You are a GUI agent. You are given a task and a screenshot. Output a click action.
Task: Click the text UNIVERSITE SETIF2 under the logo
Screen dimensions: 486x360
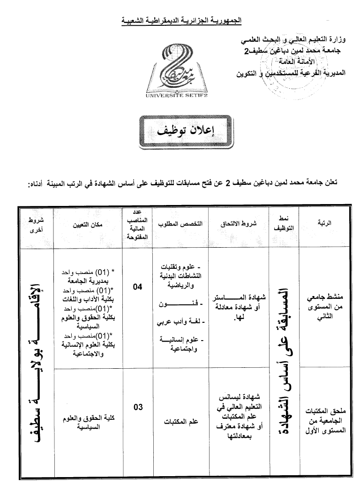click(176, 96)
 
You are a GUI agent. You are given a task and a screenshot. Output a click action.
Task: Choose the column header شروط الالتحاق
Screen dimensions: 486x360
click(239, 224)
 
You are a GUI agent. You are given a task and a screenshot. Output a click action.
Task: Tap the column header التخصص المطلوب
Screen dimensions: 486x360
click(181, 224)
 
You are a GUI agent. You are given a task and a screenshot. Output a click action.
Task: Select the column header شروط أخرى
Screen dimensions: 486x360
click(36, 224)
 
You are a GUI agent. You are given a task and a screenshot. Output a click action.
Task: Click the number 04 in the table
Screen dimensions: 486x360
click(137, 287)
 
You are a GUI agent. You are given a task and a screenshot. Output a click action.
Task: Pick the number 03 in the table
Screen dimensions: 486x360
click(137, 407)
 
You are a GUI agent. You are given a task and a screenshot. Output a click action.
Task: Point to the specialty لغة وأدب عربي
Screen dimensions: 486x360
click(181, 322)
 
